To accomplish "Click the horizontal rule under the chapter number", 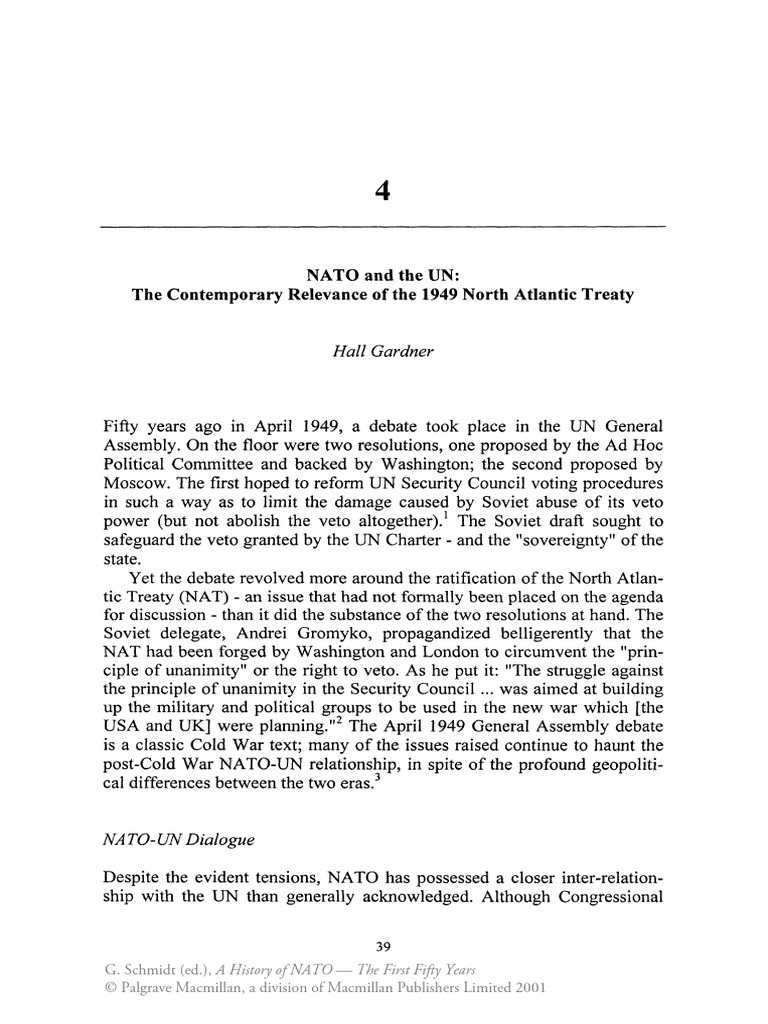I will (x=383, y=228).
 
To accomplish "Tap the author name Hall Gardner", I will (x=383, y=352).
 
